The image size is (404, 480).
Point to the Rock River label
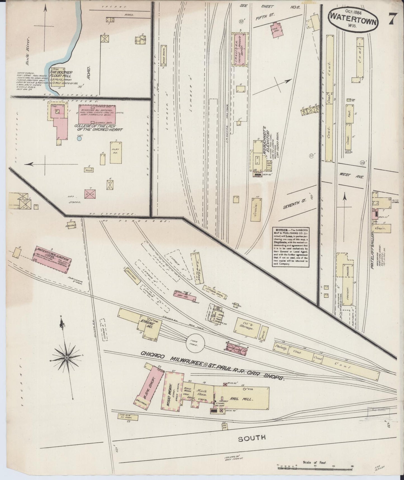coord(28,50)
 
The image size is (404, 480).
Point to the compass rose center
coord(67,358)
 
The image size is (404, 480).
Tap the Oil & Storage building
coord(248,327)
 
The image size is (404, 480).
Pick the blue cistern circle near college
coord(79,138)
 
